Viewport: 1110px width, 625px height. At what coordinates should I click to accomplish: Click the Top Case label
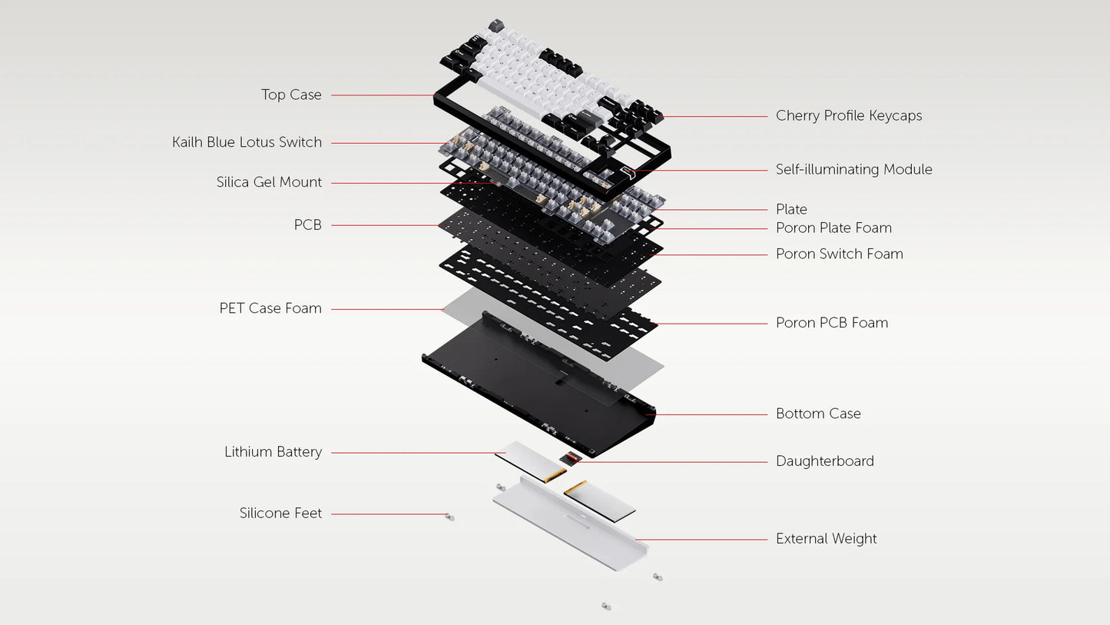[x=291, y=95]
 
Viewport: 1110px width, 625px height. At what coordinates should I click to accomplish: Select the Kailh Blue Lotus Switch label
[x=247, y=142]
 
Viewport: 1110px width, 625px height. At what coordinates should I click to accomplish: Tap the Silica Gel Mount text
[x=269, y=182]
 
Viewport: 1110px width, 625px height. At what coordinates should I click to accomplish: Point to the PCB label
[x=307, y=225]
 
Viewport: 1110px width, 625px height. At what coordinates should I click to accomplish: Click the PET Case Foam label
[x=270, y=308]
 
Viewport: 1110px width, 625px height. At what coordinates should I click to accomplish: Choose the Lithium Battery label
[x=273, y=452]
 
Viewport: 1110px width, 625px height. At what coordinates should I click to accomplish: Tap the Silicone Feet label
[x=280, y=514]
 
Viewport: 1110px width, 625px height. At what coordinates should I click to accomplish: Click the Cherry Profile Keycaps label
[x=848, y=116]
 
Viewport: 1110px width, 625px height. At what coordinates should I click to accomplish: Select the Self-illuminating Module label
[x=853, y=170]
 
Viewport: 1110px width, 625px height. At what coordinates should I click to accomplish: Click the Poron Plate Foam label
[x=833, y=228]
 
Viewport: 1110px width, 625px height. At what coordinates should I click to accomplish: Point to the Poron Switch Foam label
[x=839, y=254]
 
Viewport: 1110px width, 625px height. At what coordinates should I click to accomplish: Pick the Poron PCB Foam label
[x=831, y=323]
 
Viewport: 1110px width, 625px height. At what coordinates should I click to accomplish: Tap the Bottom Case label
[x=818, y=414]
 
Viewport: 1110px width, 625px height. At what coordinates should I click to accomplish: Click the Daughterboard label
[x=824, y=461]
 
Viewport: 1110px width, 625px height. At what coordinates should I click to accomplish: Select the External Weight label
[x=826, y=539]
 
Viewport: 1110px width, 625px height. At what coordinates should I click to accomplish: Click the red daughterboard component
[x=569, y=460]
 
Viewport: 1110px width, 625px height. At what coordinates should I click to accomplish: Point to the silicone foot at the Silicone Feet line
[x=450, y=517]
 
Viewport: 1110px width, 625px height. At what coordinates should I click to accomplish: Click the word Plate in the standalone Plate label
[x=791, y=209]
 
